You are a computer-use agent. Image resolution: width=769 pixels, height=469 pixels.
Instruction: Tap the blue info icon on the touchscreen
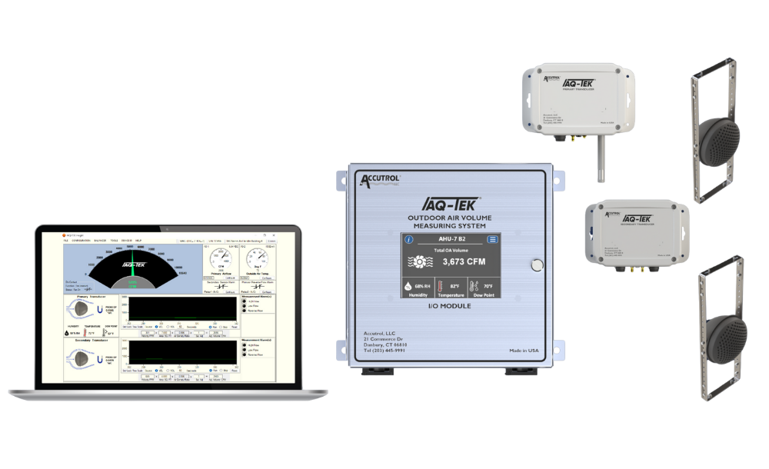410,240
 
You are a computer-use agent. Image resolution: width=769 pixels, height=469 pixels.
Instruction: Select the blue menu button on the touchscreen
493,240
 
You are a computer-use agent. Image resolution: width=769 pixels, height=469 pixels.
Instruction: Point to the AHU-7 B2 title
451,240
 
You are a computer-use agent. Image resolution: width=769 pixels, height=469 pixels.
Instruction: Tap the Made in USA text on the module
524,351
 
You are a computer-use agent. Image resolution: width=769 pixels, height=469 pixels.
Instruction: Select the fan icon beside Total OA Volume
421,262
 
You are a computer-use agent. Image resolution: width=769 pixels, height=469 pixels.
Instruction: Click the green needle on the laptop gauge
131,262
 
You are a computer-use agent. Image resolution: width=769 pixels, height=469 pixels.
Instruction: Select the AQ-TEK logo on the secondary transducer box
638,218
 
